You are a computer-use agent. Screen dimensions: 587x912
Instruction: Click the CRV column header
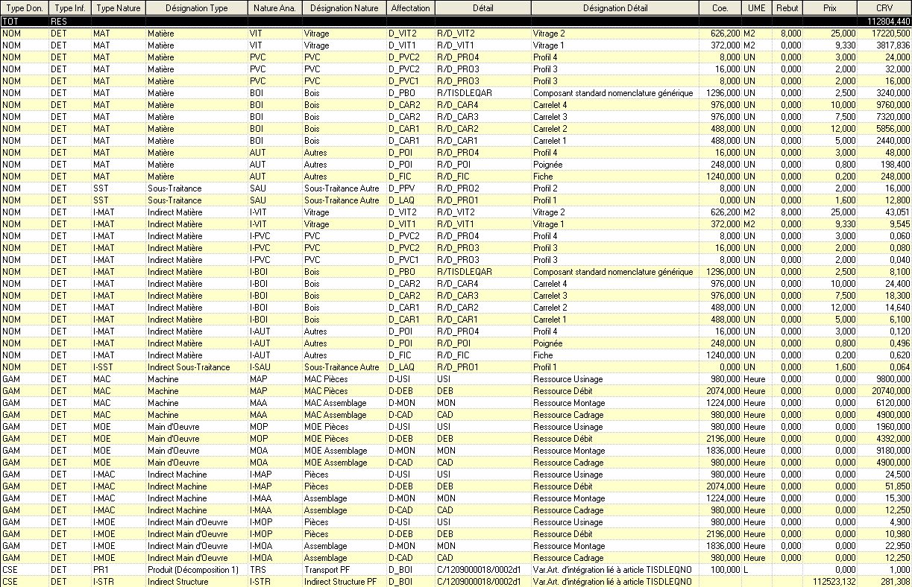[884, 7]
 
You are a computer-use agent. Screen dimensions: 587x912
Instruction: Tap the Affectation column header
[410, 7]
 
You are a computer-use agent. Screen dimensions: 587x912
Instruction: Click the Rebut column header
[787, 7]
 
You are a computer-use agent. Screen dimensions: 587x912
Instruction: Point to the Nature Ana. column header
[274, 7]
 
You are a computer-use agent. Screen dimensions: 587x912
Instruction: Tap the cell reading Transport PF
[325, 569]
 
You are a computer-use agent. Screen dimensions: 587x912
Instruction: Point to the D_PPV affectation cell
[402, 188]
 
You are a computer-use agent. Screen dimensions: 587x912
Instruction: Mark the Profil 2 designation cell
[545, 188]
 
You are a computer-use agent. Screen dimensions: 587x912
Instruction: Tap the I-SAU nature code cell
[260, 367]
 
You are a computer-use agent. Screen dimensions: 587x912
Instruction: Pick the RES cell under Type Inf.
[59, 22]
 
